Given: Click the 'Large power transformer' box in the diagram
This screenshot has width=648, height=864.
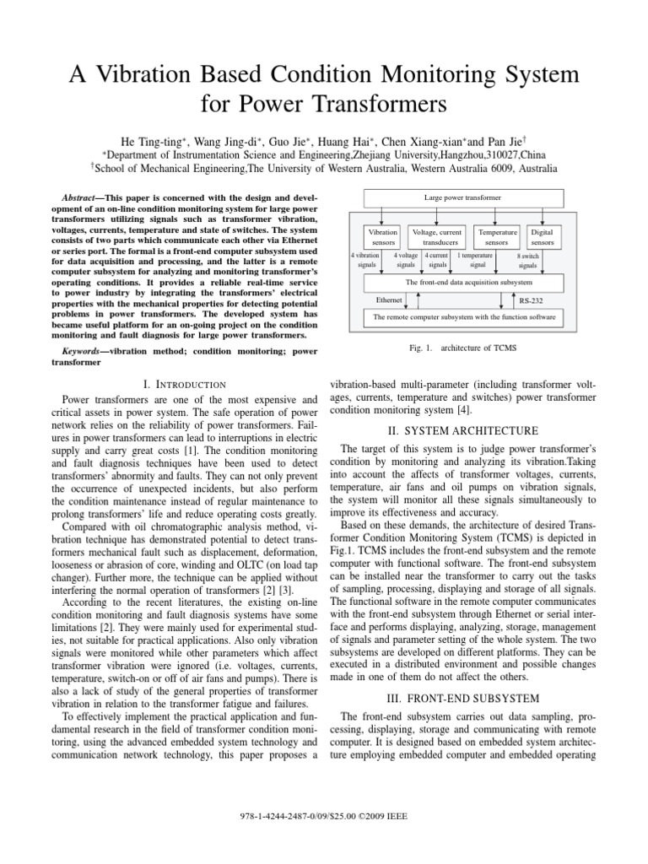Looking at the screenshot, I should (462, 197).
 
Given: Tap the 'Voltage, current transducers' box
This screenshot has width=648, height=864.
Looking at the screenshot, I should (436, 236).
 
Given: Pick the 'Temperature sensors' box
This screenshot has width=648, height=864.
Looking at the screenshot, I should (496, 236).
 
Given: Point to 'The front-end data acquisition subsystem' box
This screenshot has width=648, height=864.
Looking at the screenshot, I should (469, 282).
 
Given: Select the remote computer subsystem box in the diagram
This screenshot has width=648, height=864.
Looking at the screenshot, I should (464, 317).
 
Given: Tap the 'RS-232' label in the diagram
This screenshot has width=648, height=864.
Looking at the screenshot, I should (531, 300).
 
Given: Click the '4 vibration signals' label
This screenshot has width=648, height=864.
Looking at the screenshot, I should (364, 259).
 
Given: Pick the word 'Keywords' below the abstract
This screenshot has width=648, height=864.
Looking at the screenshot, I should (88, 349).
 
